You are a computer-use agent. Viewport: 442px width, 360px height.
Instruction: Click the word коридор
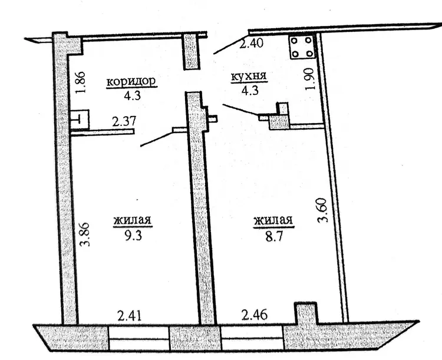tap(131, 81)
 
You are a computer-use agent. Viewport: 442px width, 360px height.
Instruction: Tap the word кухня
tap(249, 77)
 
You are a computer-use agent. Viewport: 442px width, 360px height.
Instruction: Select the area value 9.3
tap(133, 236)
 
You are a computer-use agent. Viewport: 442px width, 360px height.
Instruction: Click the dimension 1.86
tap(80, 82)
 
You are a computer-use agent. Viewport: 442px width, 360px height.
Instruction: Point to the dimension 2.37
tap(124, 121)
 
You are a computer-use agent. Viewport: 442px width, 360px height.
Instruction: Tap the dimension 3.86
tap(84, 235)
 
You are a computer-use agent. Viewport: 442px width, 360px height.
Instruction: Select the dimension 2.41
tap(130, 315)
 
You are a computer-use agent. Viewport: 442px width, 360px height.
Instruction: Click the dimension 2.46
tap(255, 314)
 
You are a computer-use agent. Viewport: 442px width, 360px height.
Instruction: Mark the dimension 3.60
tap(322, 210)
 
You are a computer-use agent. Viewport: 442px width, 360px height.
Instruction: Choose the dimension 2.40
tap(251, 43)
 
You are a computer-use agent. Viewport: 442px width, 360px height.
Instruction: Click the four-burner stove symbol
tap(302, 47)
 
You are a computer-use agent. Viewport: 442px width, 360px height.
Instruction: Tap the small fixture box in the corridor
tap(80, 120)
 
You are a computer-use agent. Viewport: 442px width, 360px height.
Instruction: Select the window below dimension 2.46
tap(252, 338)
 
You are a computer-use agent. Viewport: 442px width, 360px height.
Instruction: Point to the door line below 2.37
tap(157, 139)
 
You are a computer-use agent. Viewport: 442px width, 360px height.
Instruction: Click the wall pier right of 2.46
tap(306, 313)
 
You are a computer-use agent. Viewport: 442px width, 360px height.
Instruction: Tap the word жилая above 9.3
tap(133, 220)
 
